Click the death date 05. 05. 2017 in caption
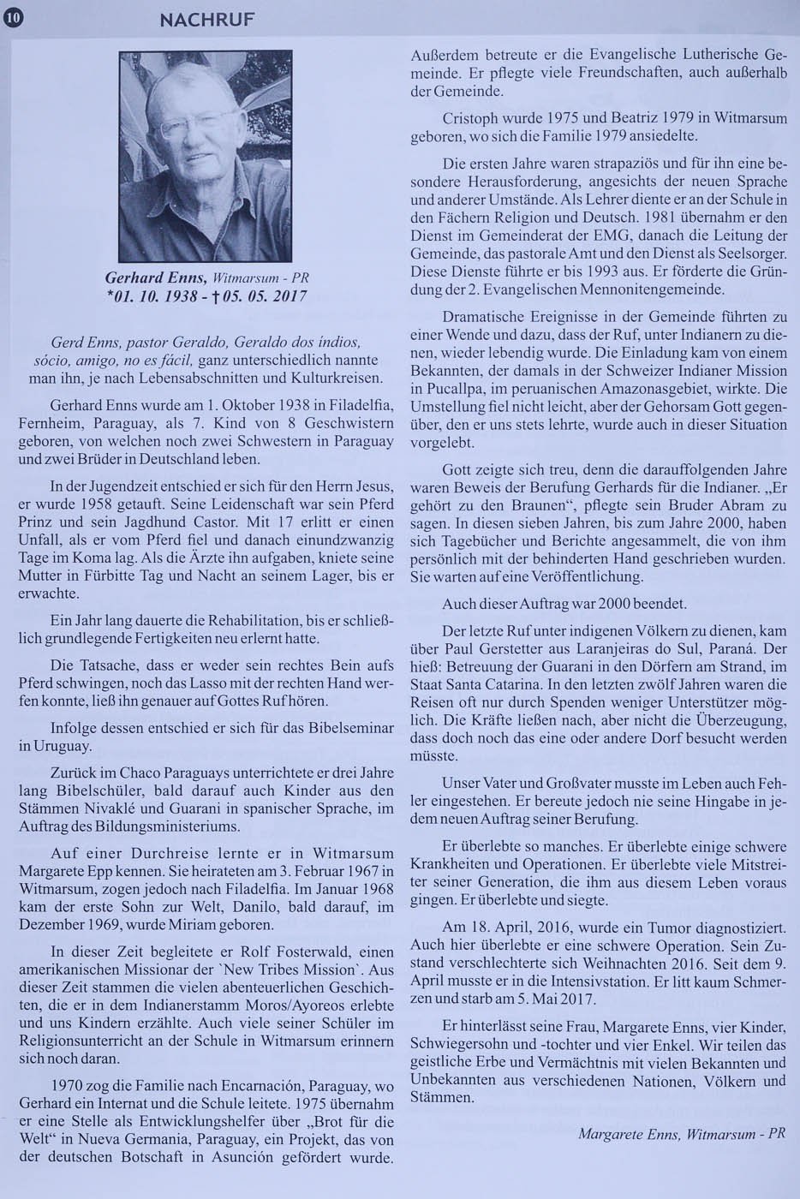tap(261, 298)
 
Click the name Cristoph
tap(471, 116)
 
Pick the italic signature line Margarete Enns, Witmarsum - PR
tap(682, 1132)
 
